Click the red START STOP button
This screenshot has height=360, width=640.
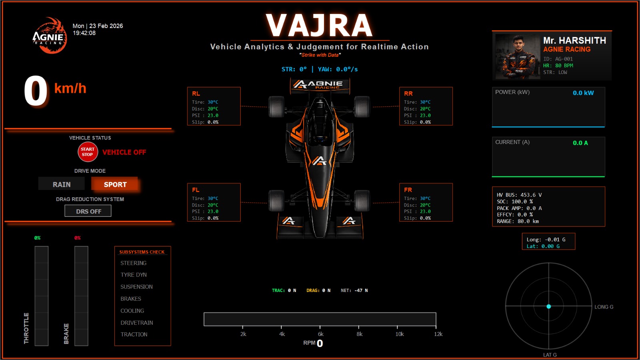tap(88, 152)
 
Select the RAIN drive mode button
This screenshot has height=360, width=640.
tap(62, 184)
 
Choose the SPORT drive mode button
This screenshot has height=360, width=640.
tap(115, 184)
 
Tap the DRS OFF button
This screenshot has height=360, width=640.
tap(88, 211)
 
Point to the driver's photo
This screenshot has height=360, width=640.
tap(518, 56)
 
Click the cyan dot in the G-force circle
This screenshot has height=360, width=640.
tap(549, 306)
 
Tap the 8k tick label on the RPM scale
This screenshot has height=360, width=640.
tap(360, 334)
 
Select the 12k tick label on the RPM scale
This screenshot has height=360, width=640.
tap(438, 334)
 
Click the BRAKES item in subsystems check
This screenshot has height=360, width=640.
tap(131, 299)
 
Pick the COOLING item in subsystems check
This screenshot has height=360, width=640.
tap(132, 311)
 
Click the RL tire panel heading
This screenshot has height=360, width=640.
tap(196, 94)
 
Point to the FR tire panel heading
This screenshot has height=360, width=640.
tap(408, 190)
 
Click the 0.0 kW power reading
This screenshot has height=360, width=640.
tap(583, 93)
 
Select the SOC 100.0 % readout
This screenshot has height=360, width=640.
tap(515, 202)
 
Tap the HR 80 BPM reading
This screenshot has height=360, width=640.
tap(558, 66)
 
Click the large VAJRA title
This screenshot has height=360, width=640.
tap(320, 26)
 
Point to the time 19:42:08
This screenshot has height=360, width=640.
tap(84, 33)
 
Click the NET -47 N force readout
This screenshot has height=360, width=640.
tap(354, 290)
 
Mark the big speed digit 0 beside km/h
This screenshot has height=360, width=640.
tap(36, 91)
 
